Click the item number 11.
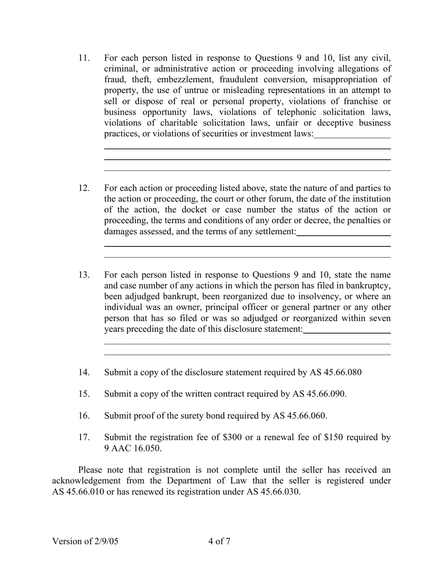83,58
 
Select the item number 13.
83,275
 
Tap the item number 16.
83,416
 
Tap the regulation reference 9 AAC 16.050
133,448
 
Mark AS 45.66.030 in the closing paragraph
273,491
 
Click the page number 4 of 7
219,541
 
